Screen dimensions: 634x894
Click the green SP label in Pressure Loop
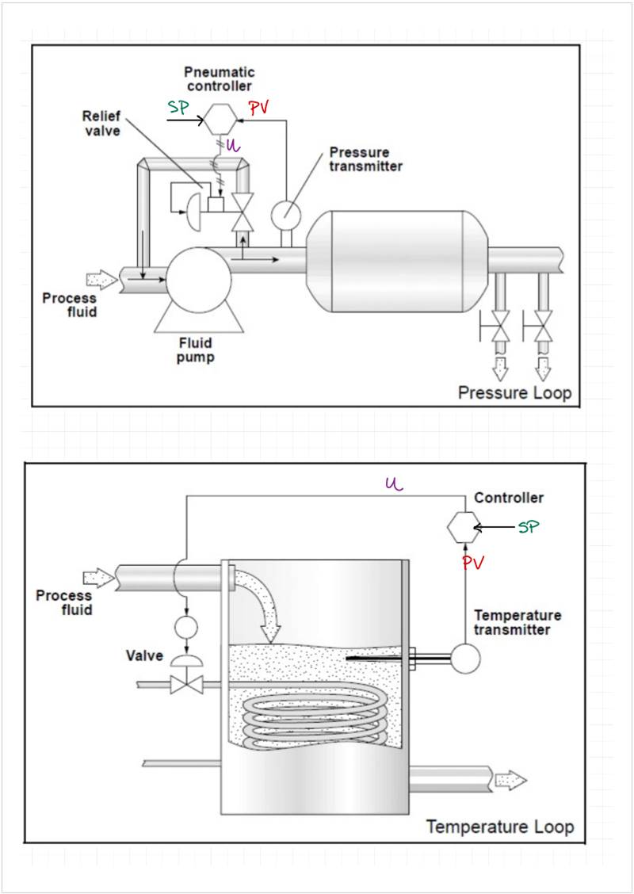pyautogui.click(x=178, y=107)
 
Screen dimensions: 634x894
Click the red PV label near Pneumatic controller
pyautogui.click(x=259, y=108)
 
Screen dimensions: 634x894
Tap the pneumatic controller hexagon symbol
pyautogui.click(x=220, y=120)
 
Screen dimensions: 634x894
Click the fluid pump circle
pyautogui.click(x=198, y=280)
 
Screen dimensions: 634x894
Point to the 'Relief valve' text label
pyautogui.click(x=102, y=124)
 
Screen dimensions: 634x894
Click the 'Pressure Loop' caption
pyautogui.click(x=514, y=393)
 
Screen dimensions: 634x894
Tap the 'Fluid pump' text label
pyautogui.click(x=195, y=350)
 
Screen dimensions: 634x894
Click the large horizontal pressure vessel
pyautogui.click(x=397, y=262)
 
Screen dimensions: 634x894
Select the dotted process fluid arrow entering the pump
pyautogui.click(x=102, y=280)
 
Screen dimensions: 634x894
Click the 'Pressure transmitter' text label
pyautogui.click(x=365, y=159)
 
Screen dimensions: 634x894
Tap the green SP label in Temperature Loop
pyautogui.click(x=528, y=527)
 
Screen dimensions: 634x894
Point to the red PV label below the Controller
pyautogui.click(x=473, y=564)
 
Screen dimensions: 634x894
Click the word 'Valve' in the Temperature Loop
pyautogui.click(x=144, y=655)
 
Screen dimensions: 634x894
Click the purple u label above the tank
pyautogui.click(x=395, y=484)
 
